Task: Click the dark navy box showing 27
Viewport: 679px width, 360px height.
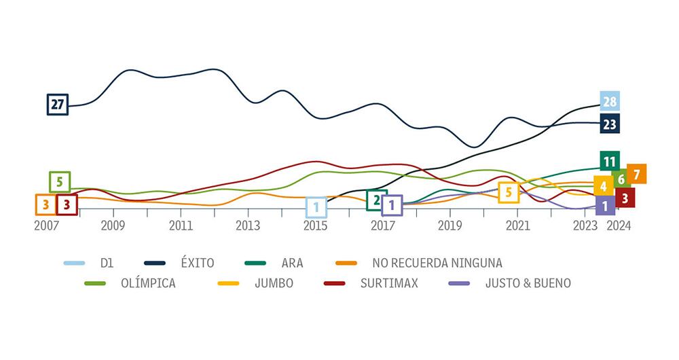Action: (x=58, y=105)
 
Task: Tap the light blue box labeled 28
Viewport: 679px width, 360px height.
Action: (x=609, y=102)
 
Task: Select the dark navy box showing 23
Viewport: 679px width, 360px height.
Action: (x=609, y=124)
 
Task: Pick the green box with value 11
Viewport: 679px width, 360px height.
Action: (x=609, y=162)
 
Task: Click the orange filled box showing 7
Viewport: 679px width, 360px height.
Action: (x=636, y=175)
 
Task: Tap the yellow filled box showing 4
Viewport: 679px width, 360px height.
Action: (x=603, y=185)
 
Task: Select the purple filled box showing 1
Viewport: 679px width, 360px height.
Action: (x=605, y=205)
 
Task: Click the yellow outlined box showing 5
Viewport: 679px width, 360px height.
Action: (x=508, y=193)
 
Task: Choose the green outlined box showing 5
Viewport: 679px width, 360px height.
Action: (x=60, y=182)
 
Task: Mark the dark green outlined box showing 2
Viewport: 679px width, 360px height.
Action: (x=376, y=200)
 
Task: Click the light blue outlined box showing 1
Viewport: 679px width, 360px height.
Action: (x=316, y=206)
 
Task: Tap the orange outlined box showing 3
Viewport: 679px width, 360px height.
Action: (x=45, y=204)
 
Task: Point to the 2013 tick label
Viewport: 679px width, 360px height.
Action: (x=248, y=226)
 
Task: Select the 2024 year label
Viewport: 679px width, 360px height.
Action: (x=619, y=226)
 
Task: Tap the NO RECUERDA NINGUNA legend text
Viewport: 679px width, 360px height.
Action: (x=437, y=263)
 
